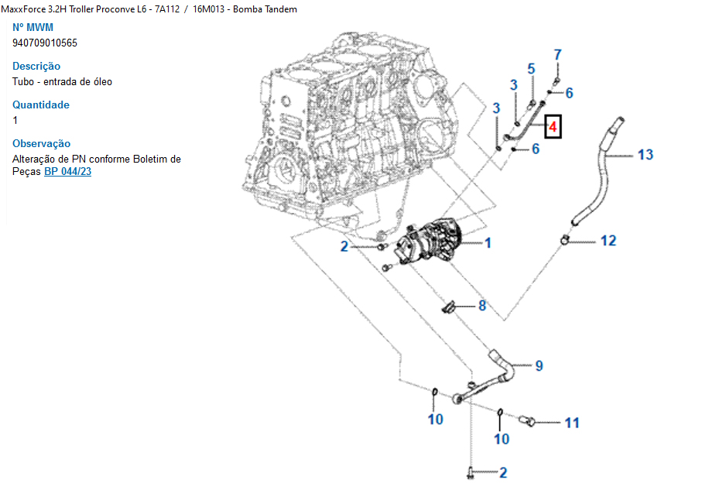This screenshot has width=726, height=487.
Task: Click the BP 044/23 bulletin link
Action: click(67, 171)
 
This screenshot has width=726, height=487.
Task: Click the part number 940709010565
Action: click(45, 43)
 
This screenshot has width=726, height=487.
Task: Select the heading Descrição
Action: click(36, 66)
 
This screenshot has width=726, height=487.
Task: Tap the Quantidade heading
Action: click(41, 105)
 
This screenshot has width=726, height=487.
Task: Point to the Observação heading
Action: click(41, 143)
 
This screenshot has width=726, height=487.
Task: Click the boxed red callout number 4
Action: click(553, 125)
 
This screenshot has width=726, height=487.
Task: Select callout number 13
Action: click(645, 155)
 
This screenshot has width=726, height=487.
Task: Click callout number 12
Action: click(608, 241)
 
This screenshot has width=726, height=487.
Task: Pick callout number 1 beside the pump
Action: click(488, 243)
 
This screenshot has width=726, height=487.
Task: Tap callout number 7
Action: click(557, 55)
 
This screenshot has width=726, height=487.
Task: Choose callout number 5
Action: click(531, 69)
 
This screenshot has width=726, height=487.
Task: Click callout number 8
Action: click(481, 306)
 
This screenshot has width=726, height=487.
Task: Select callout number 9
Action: click(539, 365)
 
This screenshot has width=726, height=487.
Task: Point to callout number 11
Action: click(571, 423)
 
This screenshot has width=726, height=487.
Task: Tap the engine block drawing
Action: click(341, 132)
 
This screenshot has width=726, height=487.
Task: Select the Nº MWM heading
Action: click(33, 27)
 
